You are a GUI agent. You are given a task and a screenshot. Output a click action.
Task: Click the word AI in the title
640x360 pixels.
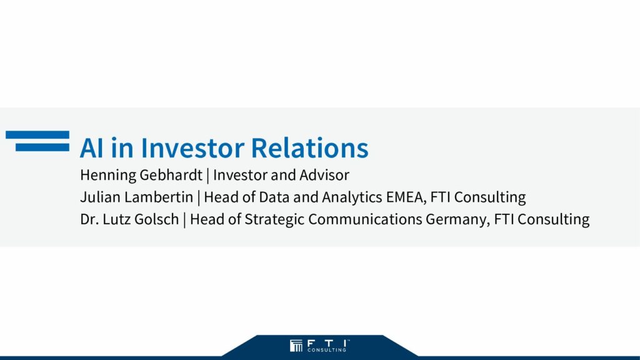[91, 147]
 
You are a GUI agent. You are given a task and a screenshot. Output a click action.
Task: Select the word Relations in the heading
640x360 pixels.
[309, 147]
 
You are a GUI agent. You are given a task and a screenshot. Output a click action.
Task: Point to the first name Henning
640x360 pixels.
[107, 176]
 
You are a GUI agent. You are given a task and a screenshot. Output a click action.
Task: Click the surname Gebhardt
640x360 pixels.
[171, 175]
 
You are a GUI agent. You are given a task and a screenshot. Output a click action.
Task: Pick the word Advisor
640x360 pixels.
[324, 175]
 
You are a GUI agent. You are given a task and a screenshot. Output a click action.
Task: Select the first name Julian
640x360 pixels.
[101, 197]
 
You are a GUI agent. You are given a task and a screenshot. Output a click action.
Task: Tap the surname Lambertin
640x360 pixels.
[159, 197]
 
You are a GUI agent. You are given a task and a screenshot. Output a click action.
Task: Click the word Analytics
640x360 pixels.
[352, 197]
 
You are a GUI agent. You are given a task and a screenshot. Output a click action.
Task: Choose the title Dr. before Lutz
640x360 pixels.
[89, 219]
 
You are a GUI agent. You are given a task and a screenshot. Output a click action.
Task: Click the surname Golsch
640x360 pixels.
[157, 219]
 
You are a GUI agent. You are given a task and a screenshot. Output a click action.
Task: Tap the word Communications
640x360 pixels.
[365, 219]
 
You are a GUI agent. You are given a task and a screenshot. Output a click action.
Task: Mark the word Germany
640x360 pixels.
[457, 220]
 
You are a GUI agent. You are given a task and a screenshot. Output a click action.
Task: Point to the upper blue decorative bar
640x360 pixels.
[37, 135]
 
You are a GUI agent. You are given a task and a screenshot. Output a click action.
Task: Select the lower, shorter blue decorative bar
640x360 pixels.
[42, 147]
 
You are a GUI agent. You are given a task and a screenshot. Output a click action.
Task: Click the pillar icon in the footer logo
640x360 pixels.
[296, 346]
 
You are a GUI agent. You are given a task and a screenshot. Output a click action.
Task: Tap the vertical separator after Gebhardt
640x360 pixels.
[207, 176]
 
